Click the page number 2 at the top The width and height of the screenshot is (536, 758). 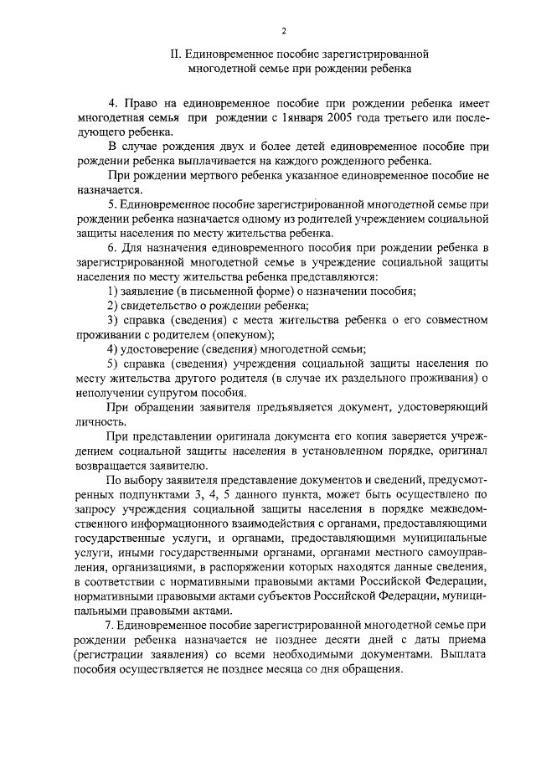coord(284,31)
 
